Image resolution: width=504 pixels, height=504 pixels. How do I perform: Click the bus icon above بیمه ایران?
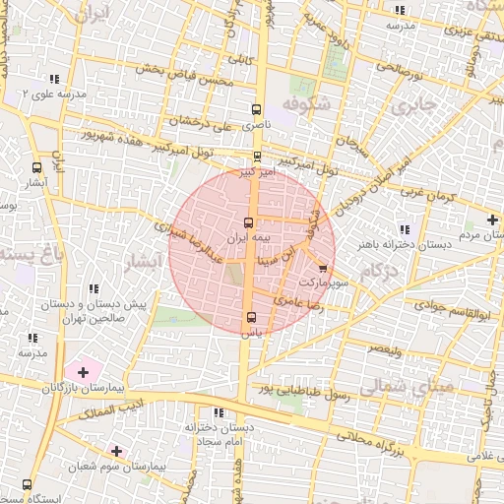click(x=248, y=222)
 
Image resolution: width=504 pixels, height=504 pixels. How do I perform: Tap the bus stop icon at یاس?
click(x=250, y=317)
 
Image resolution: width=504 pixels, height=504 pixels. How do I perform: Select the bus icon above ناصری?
click(x=257, y=110)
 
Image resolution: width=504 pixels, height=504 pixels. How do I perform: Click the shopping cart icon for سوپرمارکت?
click(x=324, y=268)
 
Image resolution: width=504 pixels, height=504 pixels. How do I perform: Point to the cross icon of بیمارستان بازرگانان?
click(x=83, y=372)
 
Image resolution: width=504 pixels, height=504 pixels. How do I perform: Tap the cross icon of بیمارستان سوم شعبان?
click(x=117, y=450)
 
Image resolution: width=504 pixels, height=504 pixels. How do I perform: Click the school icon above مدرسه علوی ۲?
click(x=55, y=79)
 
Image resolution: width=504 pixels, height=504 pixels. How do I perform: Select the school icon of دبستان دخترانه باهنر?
click(x=406, y=229)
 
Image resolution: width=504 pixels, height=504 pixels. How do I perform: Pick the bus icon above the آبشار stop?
click(x=37, y=167)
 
